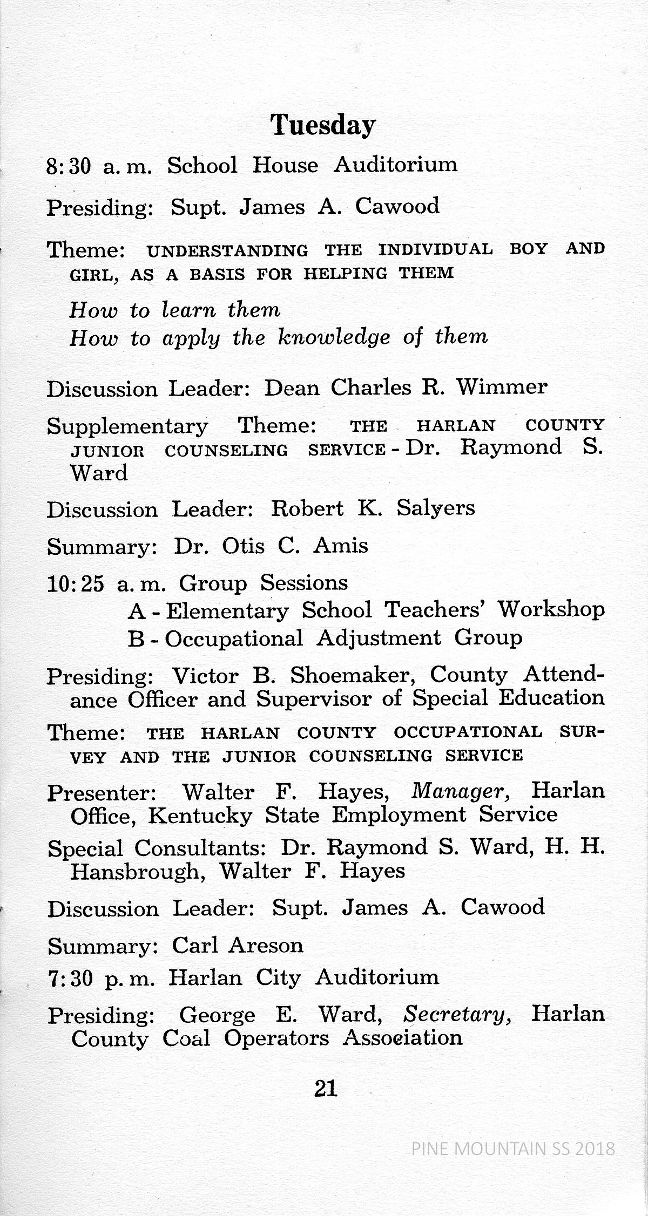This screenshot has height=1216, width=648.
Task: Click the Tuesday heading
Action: (x=323, y=126)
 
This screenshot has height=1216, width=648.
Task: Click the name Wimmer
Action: (x=502, y=387)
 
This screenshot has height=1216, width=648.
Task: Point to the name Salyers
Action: (x=435, y=508)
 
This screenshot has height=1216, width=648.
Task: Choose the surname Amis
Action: (x=341, y=546)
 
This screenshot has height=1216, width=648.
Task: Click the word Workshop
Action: (x=551, y=609)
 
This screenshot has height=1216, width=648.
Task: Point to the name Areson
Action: (x=266, y=945)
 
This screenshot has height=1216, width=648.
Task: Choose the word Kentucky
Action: (x=200, y=816)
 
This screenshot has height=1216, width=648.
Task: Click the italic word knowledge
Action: (x=333, y=337)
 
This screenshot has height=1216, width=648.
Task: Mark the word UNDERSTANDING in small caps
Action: (x=227, y=251)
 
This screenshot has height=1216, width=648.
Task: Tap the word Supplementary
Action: (x=127, y=427)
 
